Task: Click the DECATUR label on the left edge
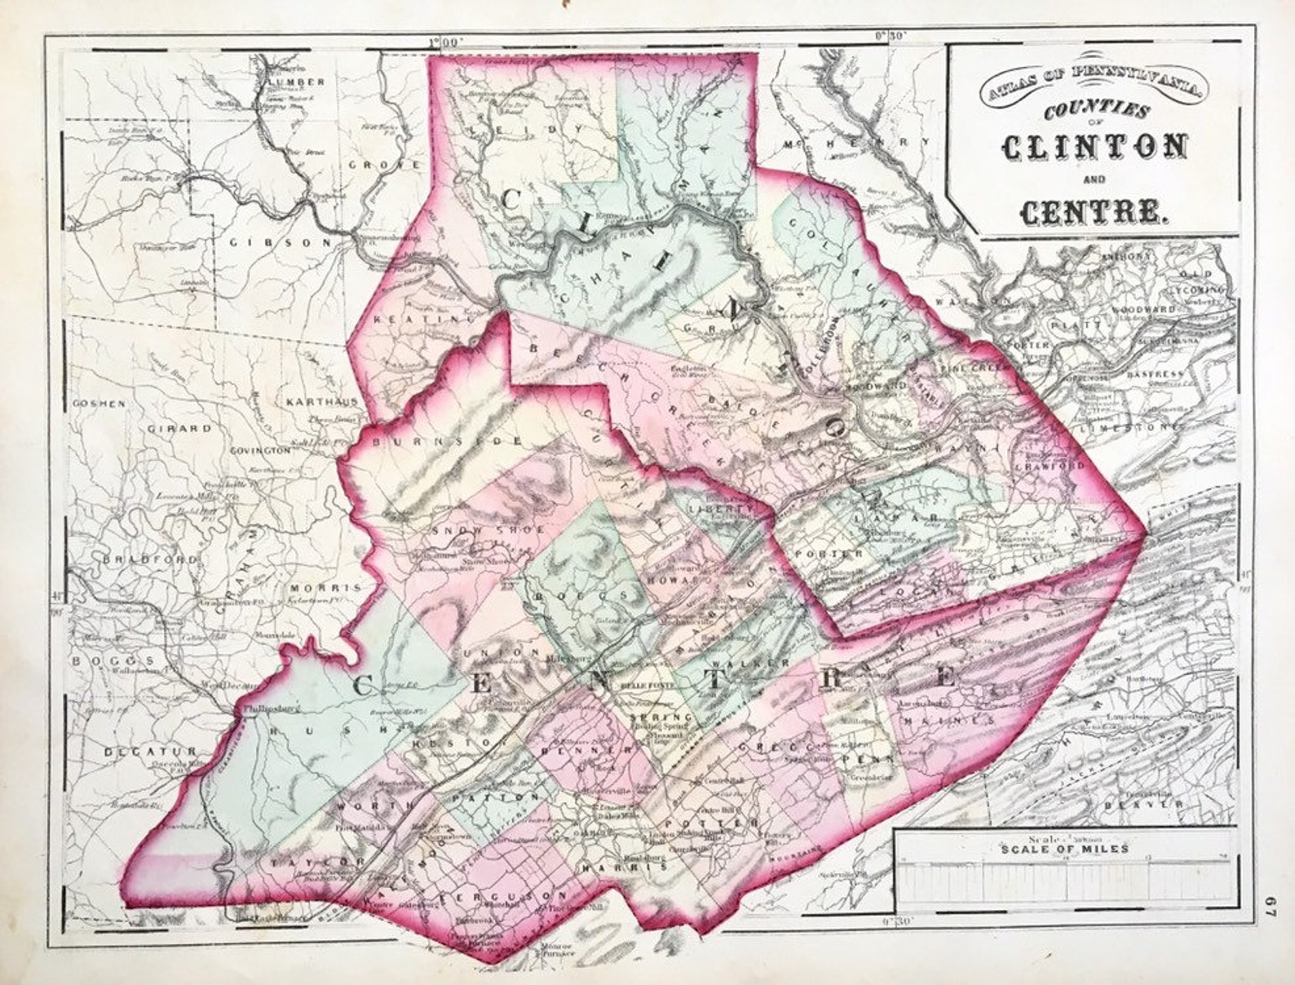coord(150,750)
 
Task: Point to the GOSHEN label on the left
coord(99,404)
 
